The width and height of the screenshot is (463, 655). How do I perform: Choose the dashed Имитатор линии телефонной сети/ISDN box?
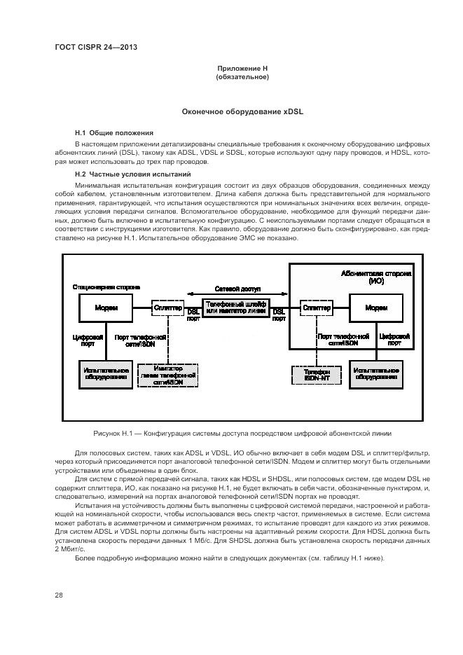pyautogui.click(x=168, y=375)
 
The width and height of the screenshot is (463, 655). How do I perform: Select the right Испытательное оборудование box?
pyautogui.click(x=377, y=373)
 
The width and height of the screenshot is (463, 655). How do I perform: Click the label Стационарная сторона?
pyautogui.click(x=106, y=287)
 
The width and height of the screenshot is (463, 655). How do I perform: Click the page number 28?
pyautogui.click(x=59, y=595)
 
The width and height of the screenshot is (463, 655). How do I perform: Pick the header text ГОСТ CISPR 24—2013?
pyautogui.click(x=95, y=47)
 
